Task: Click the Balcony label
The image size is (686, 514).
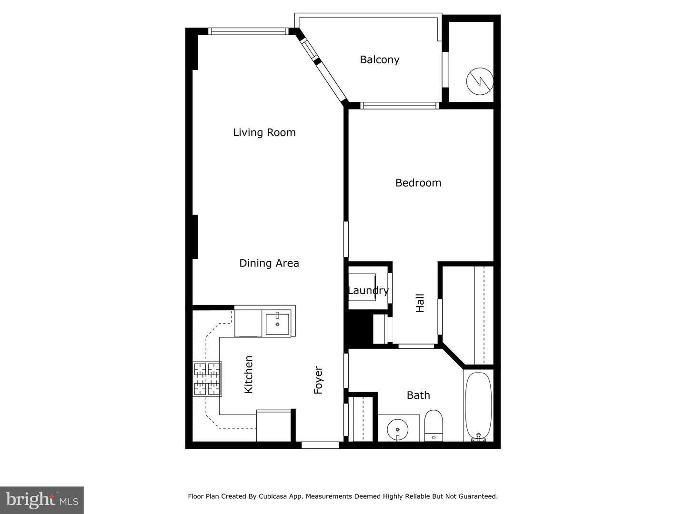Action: coord(379,59)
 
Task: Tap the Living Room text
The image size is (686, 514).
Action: coord(264,132)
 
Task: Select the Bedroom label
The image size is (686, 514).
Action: coord(418,183)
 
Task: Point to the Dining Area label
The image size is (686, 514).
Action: coord(269,263)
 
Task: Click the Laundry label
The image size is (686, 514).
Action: coord(368,290)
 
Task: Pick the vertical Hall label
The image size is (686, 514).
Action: coord(420,303)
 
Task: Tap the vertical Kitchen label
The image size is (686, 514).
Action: coord(248,375)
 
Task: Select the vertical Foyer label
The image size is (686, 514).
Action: coord(318,380)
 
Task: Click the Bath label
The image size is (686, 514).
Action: coord(418,395)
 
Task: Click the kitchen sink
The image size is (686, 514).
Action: coord(277,324)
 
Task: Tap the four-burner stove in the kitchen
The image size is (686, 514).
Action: coord(207,379)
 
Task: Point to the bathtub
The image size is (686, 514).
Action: coord(478,405)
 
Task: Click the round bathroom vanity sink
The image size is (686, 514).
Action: coord(397,428)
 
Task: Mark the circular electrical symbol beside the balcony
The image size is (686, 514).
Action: coord(479,81)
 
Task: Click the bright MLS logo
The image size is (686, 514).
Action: coord(41,500)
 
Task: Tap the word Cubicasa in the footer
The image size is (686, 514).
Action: coord(273,496)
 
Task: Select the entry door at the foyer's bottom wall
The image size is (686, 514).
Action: coord(320,445)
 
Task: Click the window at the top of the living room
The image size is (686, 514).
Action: coord(248,31)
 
